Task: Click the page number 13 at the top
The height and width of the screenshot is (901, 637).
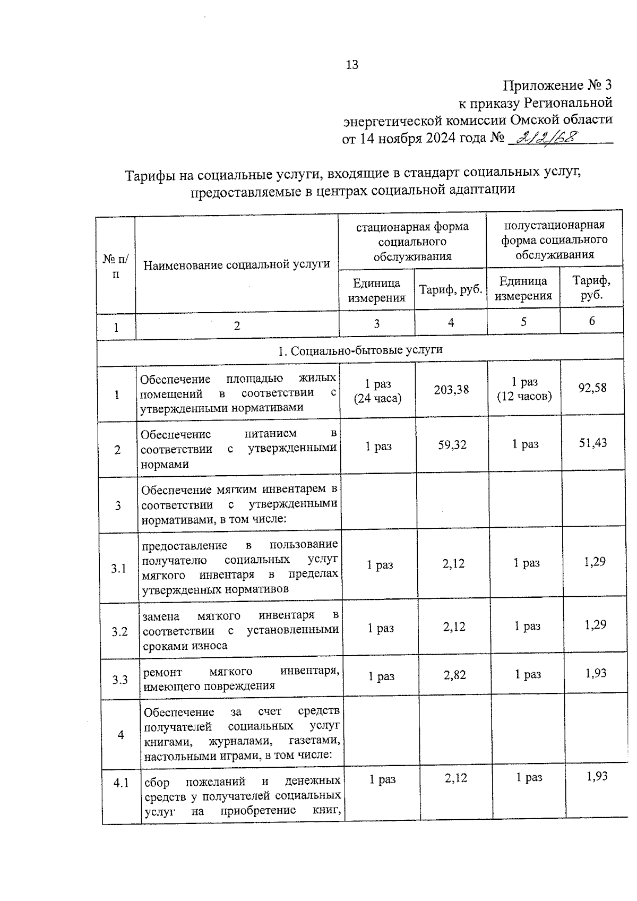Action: tap(352, 65)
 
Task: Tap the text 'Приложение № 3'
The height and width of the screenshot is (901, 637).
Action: tap(557, 85)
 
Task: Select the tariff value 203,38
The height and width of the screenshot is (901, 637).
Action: tap(451, 390)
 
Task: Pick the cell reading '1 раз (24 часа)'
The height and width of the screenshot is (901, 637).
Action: tap(377, 391)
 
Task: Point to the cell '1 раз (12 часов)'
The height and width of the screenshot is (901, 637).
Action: tap(524, 389)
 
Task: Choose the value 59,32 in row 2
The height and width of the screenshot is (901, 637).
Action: tap(452, 445)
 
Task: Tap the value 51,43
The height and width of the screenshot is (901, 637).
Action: tap(593, 443)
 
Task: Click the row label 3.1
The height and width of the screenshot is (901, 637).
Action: tap(119, 569)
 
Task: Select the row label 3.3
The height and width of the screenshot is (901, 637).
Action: tap(120, 680)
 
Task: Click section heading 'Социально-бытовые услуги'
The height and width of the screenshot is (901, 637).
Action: tap(360, 350)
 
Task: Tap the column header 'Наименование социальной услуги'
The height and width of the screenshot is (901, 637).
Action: tap(237, 264)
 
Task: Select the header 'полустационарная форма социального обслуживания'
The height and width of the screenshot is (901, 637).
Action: tap(554, 239)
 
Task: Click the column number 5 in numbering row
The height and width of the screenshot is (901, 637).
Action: tap(523, 322)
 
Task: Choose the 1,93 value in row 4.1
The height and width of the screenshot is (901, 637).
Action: tap(597, 777)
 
